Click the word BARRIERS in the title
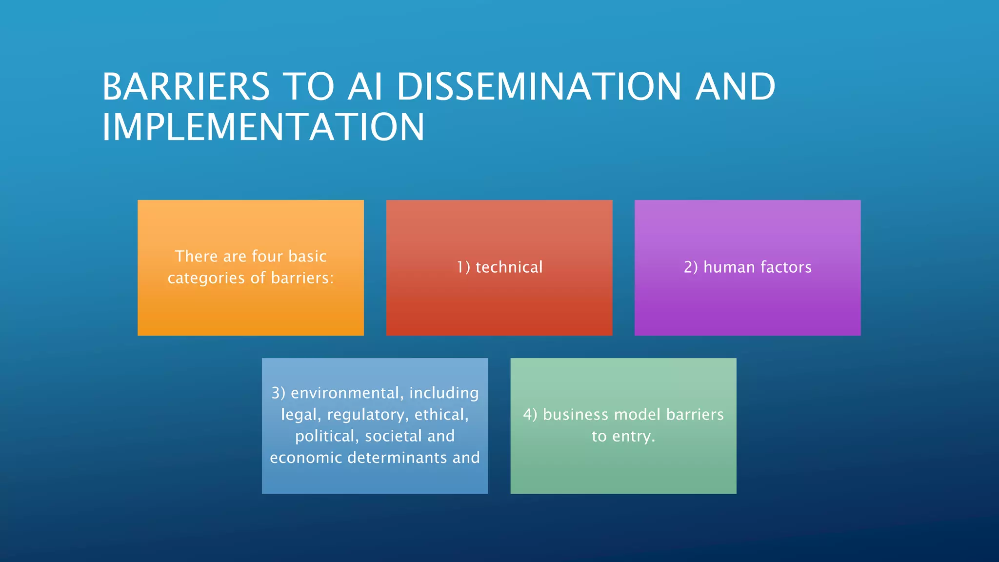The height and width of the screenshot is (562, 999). pyautogui.click(x=186, y=87)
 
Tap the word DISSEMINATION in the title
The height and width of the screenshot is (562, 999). pyautogui.click(x=539, y=87)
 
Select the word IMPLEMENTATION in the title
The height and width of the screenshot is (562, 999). pyautogui.click(x=263, y=127)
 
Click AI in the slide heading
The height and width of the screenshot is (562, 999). pyautogui.click(x=365, y=87)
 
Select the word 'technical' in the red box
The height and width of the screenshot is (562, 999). pyautogui.click(x=509, y=267)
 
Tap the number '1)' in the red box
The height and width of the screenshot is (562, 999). pyautogui.click(x=463, y=267)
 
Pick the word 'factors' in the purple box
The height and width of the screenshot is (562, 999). pyautogui.click(x=786, y=267)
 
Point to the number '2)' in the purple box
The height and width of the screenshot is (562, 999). pyautogui.click(x=691, y=267)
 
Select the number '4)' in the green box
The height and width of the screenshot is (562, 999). pyautogui.click(x=530, y=415)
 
